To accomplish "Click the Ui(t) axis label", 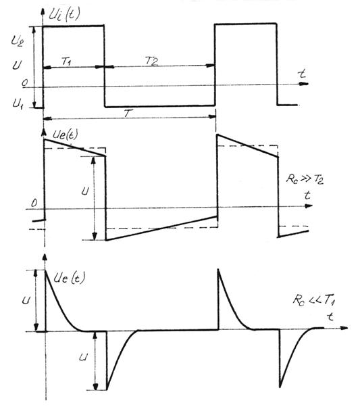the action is click(x=64, y=15).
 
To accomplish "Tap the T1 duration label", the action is click(x=67, y=61).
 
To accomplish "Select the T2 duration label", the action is click(x=152, y=61).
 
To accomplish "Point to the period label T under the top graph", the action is click(x=128, y=113).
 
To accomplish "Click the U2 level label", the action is click(x=17, y=41).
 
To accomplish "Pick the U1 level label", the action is click(x=18, y=103).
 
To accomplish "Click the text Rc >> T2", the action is click(x=305, y=179).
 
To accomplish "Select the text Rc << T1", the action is click(x=314, y=300).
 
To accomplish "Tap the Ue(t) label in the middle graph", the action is click(x=65, y=135).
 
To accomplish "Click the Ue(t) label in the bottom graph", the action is click(x=69, y=278).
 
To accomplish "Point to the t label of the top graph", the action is click(x=302, y=74).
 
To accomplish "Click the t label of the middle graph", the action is click(x=307, y=195).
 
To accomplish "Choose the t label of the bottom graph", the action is click(x=330, y=316).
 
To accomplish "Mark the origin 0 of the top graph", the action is click(x=24, y=82).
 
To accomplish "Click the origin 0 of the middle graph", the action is click(x=34, y=203).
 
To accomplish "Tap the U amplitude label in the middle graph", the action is click(x=85, y=191).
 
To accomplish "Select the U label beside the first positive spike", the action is click(x=26, y=300).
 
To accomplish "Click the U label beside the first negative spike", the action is click(x=83, y=358).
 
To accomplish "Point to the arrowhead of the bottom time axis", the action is click(x=344, y=328).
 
